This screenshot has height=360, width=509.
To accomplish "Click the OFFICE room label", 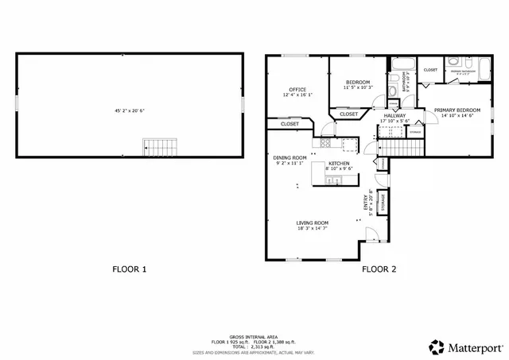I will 297,89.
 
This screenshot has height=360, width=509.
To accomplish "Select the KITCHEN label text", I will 340,163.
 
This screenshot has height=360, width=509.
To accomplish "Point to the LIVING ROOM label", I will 313,223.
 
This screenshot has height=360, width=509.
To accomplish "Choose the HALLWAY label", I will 394,115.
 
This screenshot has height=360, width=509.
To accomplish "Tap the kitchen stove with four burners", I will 326,143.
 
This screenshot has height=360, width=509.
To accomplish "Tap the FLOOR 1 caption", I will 129,269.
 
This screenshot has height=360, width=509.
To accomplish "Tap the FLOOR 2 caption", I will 379,269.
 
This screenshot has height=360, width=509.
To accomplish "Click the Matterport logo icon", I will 437,346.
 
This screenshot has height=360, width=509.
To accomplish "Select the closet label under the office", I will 289,124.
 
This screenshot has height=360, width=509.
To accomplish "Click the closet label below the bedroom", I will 348,114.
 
